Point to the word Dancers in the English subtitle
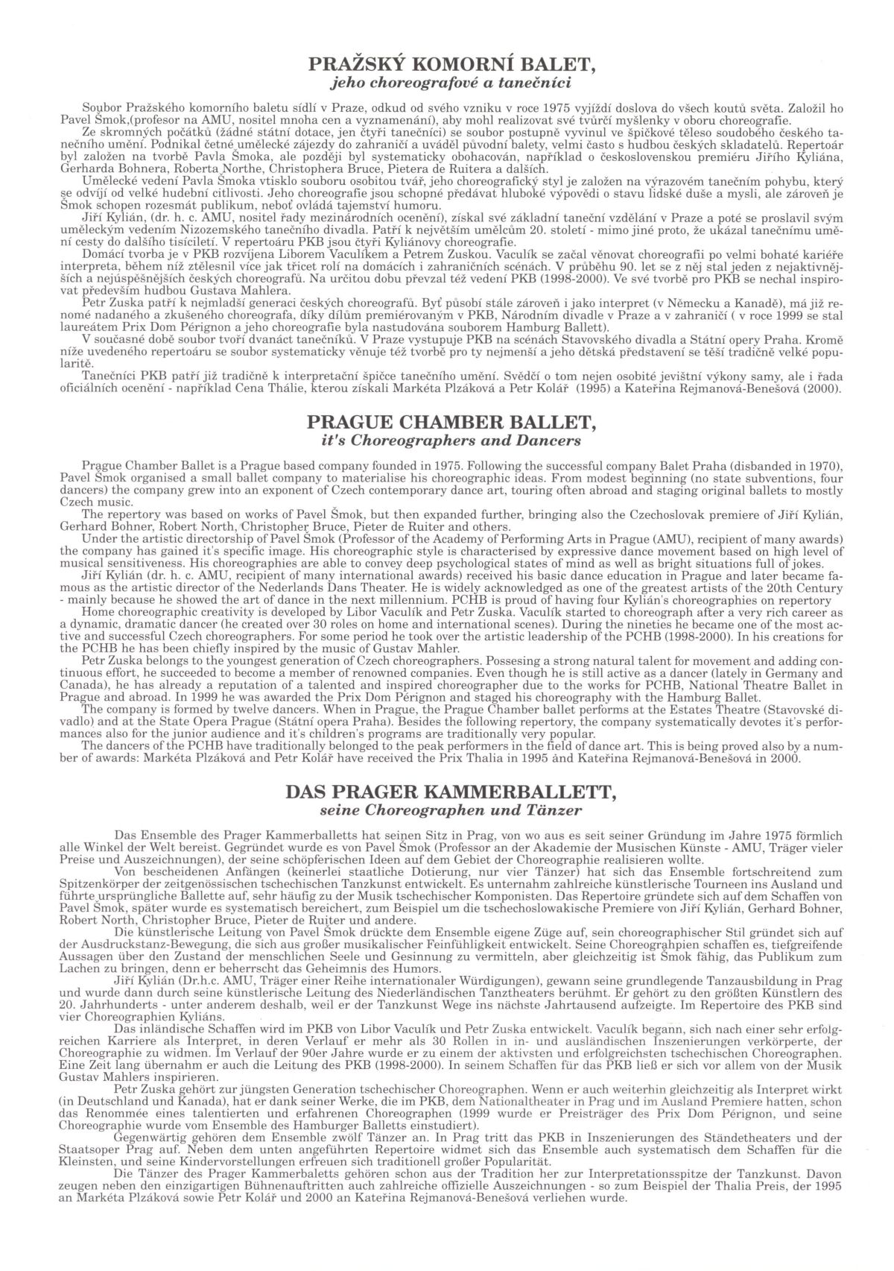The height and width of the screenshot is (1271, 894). pyautogui.click(x=553, y=441)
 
